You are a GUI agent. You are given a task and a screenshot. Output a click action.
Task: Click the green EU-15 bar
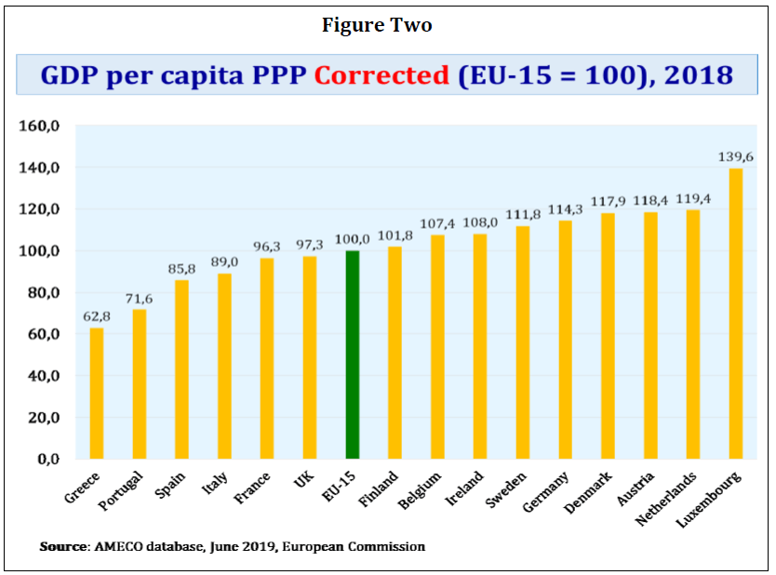(352, 354)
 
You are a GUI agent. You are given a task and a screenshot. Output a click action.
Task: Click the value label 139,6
(736, 156)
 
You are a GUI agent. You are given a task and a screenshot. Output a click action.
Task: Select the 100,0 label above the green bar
(352, 239)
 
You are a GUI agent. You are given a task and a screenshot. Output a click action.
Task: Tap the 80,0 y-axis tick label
(44, 293)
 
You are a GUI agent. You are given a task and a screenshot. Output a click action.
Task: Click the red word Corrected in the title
(381, 75)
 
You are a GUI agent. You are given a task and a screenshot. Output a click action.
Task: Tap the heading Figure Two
(377, 25)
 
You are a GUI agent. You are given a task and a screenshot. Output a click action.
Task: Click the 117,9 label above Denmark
(608, 202)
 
